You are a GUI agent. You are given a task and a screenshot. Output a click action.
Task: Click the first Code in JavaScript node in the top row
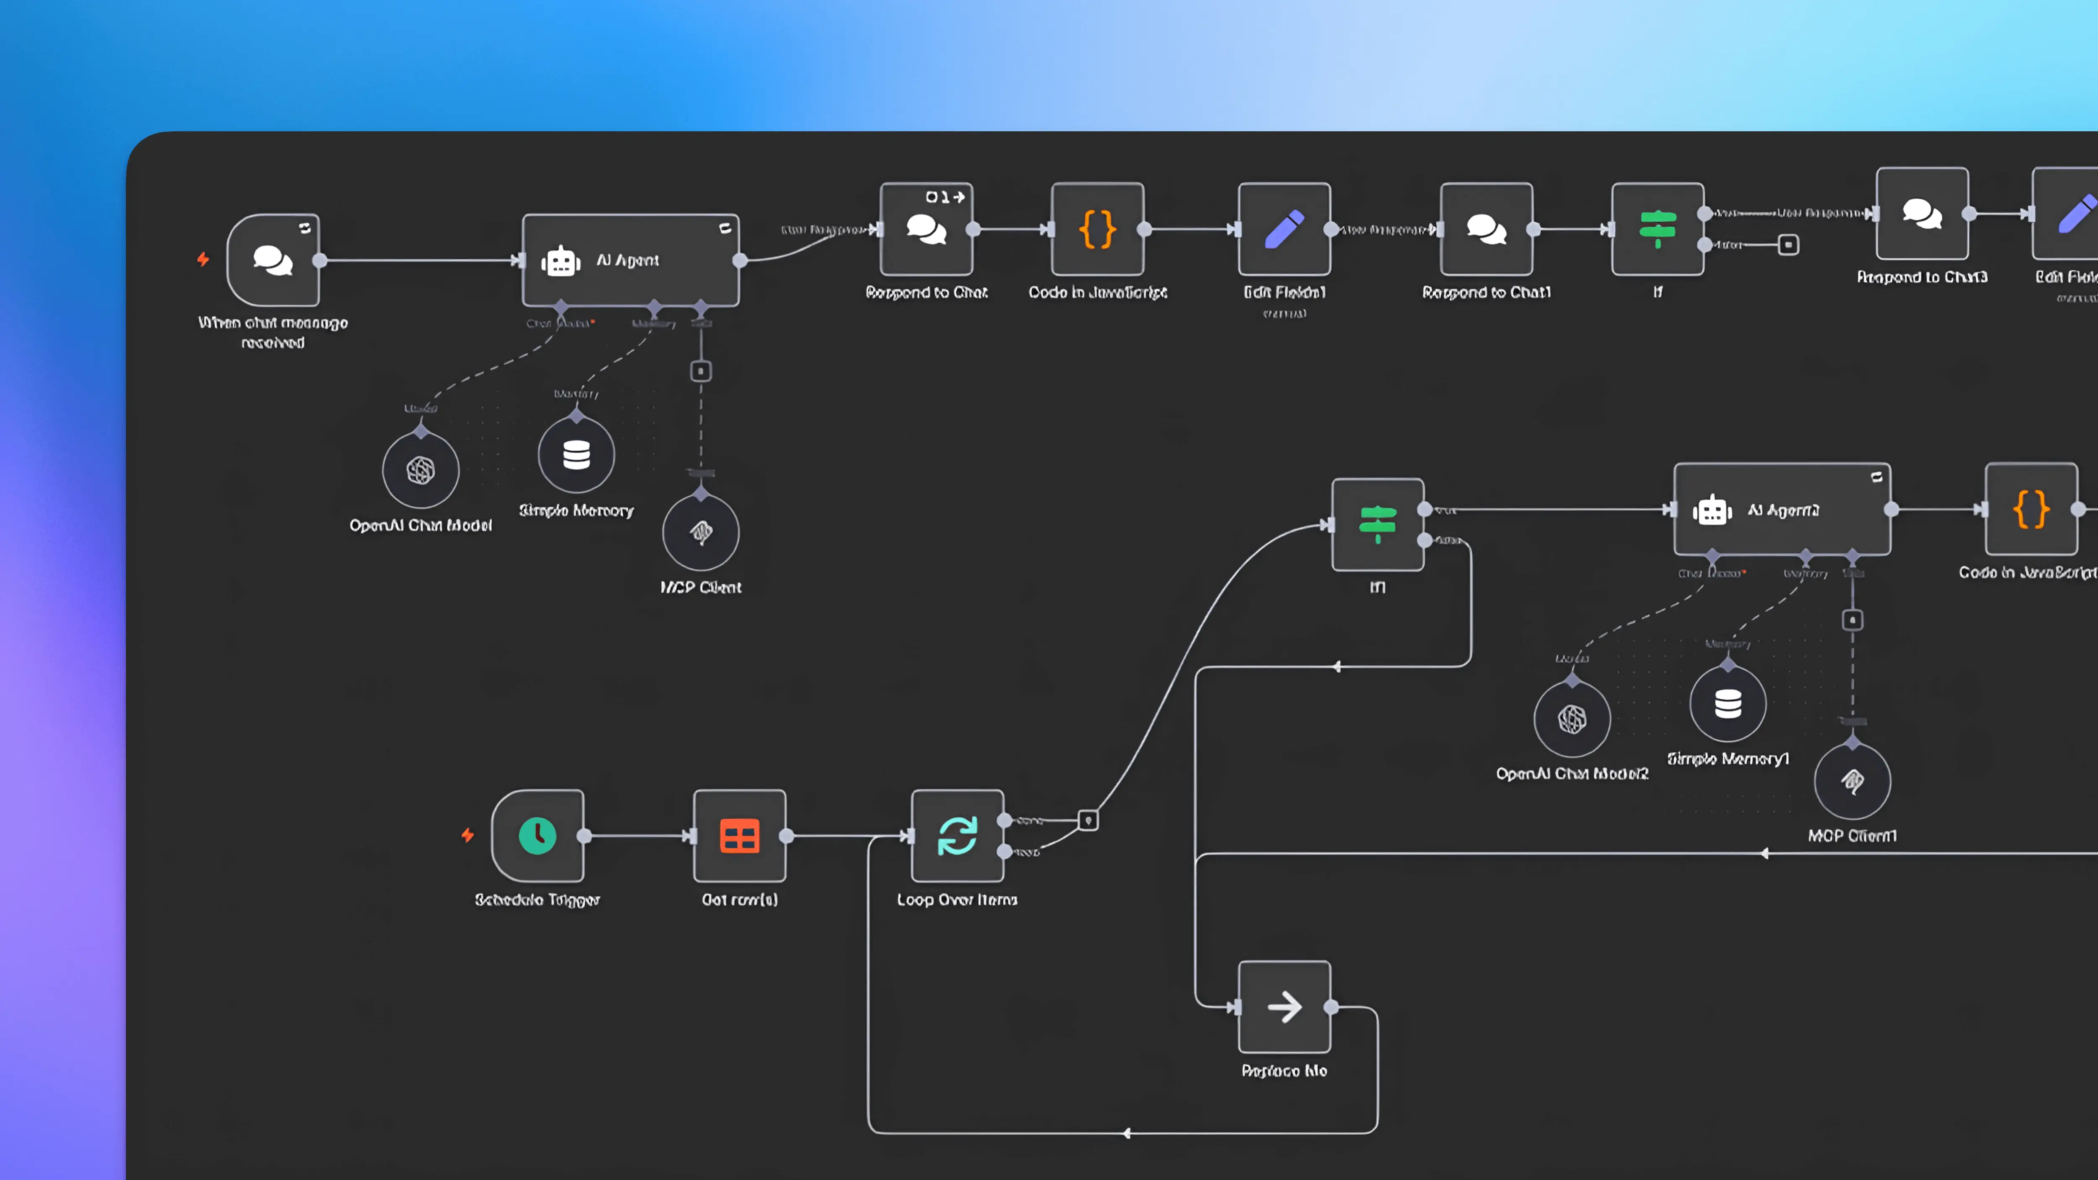point(1097,229)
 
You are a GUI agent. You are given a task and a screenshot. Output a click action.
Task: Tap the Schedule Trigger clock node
point(538,836)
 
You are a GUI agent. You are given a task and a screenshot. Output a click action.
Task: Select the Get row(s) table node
point(739,836)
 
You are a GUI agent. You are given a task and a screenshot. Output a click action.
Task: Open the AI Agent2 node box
point(1782,510)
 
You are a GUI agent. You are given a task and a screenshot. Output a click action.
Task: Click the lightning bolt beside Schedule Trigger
point(467,836)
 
